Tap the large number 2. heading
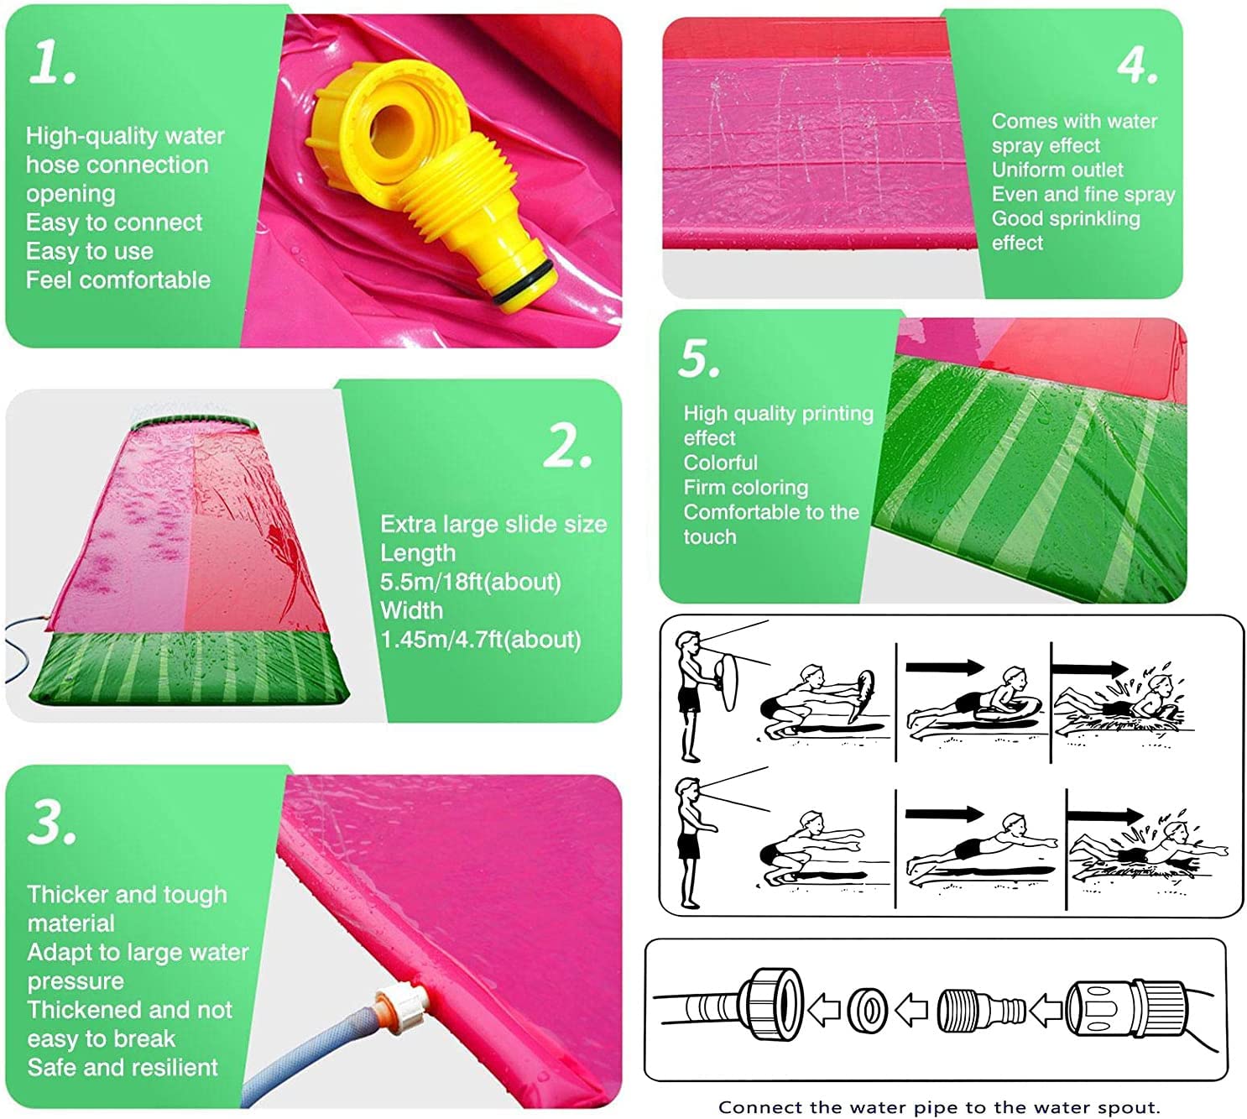pos(567,445)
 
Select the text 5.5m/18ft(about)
pos(470,582)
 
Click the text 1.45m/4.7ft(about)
pos(480,640)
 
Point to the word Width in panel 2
pos(411,610)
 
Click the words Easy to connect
pos(114,222)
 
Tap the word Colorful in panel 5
pos(720,463)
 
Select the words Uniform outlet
pos(1057,170)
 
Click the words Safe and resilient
pos(123,1067)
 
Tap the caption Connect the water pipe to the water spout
pos(938,1106)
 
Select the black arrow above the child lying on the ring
pos(945,667)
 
